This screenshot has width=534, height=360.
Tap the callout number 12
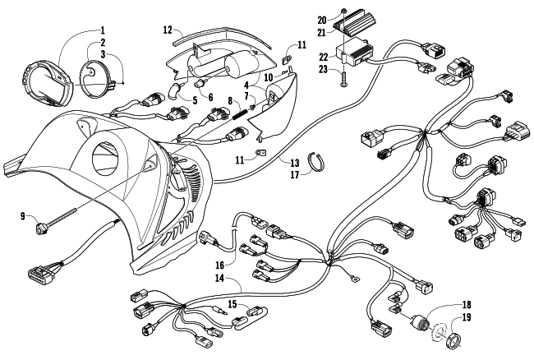click(x=168, y=30)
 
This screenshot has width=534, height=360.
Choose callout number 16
click(x=220, y=265)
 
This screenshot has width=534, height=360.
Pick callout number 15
click(x=233, y=304)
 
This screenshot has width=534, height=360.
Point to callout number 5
click(x=194, y=100)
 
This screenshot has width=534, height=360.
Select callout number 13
click(x=294, y=161)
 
